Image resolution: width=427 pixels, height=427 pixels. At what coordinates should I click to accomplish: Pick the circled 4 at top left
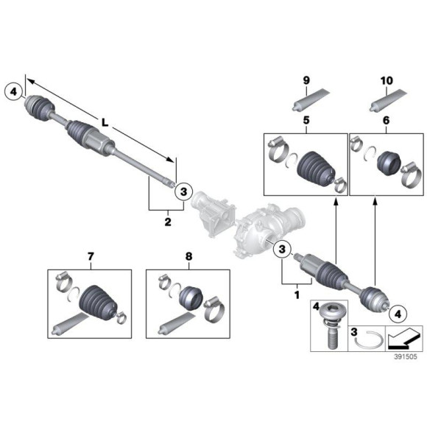click(13, 92)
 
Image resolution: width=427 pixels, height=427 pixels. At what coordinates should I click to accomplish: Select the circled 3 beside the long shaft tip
click(185, 191)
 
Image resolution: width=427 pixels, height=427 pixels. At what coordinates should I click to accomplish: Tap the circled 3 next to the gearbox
click(282, 250)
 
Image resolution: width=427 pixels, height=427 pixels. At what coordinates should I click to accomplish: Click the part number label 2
click(167, 221)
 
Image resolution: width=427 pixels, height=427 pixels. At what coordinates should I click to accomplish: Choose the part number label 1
click(297, 294)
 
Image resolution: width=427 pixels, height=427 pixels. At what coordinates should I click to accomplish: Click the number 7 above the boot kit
click(91, 257)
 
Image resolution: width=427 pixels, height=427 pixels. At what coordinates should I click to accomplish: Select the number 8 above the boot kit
click(188, 257)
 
